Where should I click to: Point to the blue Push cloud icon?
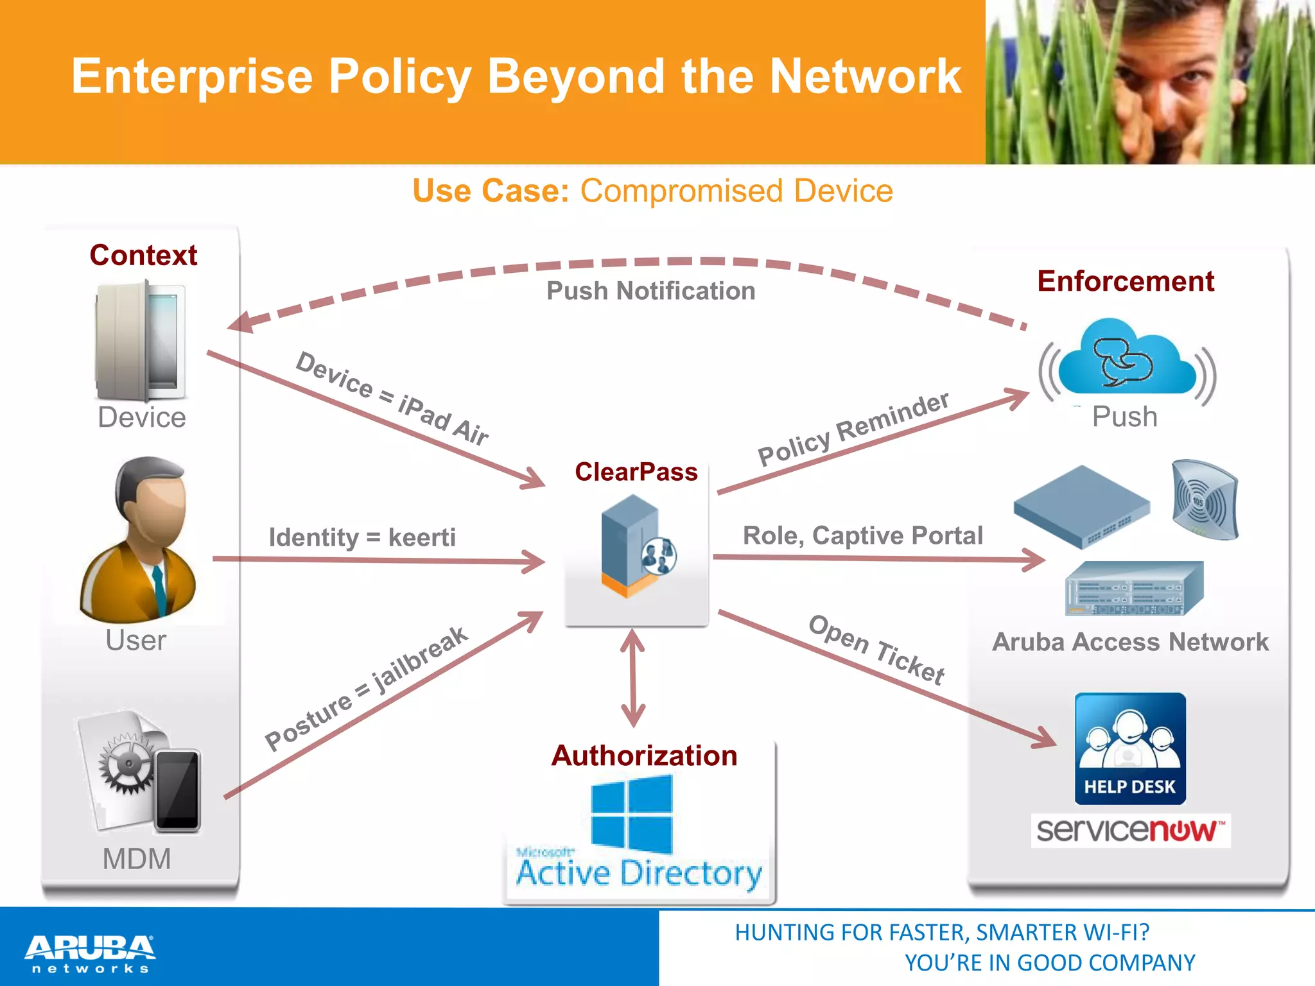click(x=1127, y=359)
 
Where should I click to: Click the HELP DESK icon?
click(x=1130, y=748)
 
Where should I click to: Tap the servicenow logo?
click(x=1130, y=830)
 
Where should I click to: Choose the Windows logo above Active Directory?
click(x=632, y=814)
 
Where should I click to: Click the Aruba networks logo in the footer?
click(x=90, y=953)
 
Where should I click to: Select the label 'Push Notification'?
click(x=650, y=291)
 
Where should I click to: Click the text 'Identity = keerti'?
click(x=362, y=537)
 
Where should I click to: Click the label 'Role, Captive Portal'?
click(x=862, y=535)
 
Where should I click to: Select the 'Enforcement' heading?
click(x=1126, y=281)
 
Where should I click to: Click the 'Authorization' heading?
click(x=644, y=756)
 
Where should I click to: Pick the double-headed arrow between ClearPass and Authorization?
click(x=633, y=678)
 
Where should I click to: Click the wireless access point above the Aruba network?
click(x=1205, y=499)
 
